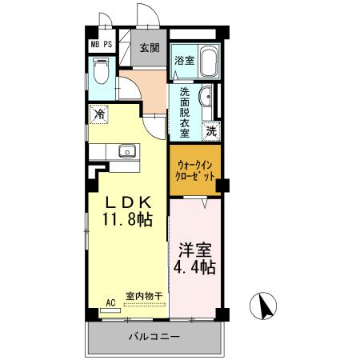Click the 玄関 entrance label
150,49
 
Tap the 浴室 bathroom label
183,59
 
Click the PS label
107,45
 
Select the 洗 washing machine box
211,130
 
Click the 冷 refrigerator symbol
100,114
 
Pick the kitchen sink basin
126,151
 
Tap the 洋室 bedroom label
196,248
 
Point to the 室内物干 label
144,296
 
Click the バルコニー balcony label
154,337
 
